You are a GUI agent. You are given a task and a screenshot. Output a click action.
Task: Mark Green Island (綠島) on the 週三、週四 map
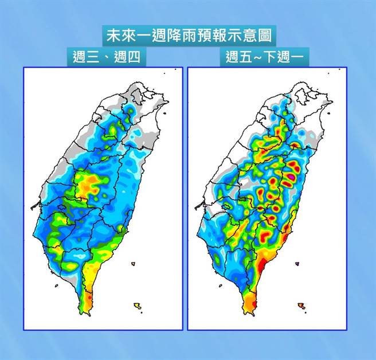pyautogui.click(x=133, y=264)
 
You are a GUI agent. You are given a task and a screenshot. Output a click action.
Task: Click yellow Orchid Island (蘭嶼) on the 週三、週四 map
pyautogui.click(x=137, y=306)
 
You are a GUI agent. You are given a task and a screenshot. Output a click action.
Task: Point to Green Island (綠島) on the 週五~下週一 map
pyautogui.click(x=297, y=264)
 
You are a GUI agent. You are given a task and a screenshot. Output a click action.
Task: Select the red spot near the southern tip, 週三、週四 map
pyautogui.click(x=88, y=297)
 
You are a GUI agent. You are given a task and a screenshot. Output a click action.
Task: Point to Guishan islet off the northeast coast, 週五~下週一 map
pyautogui.click(x=330, y=113)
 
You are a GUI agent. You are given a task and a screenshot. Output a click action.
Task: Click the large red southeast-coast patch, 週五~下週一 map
pyautogui.click(x=261, y=265)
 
